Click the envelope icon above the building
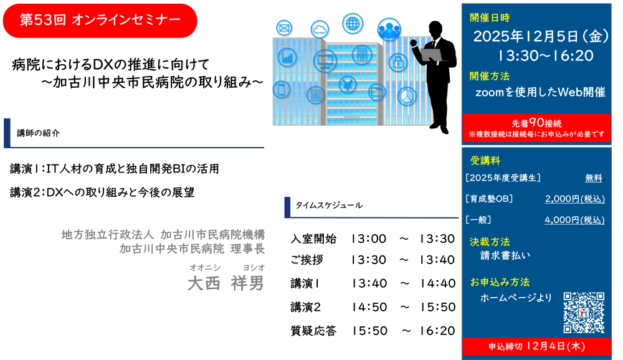284,28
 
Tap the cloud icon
320,29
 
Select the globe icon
353,24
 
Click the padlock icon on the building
397,62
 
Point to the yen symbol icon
347,84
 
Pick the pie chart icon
407,96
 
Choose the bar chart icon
287,58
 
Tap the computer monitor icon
325,61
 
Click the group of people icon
389,29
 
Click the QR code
584,313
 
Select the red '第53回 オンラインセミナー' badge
100,21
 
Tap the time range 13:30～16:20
545,56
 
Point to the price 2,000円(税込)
574,199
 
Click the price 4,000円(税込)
574,220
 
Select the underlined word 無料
593,178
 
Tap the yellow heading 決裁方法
490,242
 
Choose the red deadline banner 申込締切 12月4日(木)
536,346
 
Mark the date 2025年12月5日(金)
541,37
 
